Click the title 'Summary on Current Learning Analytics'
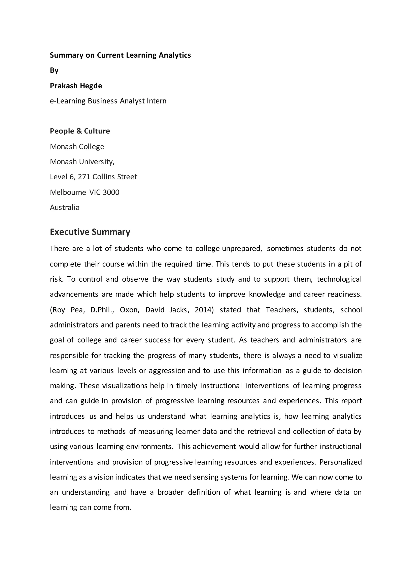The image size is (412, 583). point(120,55)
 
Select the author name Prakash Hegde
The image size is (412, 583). point(76,86)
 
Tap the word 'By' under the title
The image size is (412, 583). point(54,70)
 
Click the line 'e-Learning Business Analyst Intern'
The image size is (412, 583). point(108,101)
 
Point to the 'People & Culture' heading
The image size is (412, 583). point(80,131)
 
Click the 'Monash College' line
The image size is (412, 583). point(77,147)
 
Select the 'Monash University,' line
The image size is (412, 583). point(82,161)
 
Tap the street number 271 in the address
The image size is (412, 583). point(84,177)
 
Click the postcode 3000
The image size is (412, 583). point(111,192)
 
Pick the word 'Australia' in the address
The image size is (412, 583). point(65,208)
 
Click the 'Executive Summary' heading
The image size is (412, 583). point(90,232)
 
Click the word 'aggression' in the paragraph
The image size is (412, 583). point(167,371)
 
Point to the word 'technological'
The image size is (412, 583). point(339,279)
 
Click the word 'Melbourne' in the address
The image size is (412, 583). point(68,192)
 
